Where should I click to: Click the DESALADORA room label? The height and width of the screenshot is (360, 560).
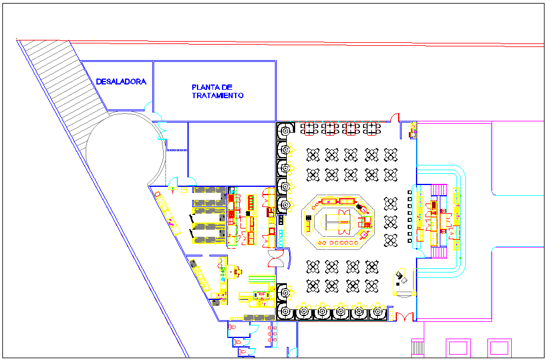(121, 82)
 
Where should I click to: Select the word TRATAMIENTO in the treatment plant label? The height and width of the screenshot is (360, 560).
(217, 95)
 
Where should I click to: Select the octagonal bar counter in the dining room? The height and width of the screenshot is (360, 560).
(338, 222)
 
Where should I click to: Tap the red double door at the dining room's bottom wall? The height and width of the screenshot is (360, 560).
(404, 317)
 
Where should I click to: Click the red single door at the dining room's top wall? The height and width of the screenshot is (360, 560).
(395, 117)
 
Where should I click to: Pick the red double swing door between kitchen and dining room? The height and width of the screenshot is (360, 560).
(276, 259)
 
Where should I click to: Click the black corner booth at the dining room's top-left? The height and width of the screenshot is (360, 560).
(285, 131)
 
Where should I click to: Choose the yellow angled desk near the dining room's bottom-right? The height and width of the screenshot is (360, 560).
(403, 282)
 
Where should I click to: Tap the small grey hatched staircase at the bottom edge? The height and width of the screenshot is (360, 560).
(417, 349)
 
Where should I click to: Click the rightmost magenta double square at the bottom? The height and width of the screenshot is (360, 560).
(499, 348)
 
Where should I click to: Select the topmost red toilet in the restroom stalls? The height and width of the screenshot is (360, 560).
(233, 327)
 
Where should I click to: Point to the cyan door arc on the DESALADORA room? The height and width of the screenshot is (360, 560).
(149, 106)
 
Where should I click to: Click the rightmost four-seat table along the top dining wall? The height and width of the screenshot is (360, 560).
(371, 129)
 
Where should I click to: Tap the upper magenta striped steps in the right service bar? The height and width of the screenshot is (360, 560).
(439, 190)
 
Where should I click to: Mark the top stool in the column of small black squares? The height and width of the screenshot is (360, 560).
(409, 192)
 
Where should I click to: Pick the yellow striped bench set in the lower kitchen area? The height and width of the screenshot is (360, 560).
(262, 279)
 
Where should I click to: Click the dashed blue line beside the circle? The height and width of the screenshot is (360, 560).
(177, 150)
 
